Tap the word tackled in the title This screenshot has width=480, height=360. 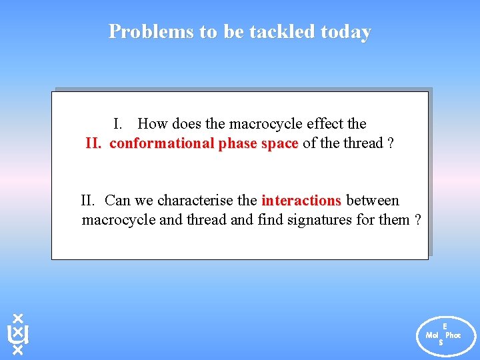pyautogui.click(x=281, y=31)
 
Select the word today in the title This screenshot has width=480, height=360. pyautogui.click(x=345, y=31)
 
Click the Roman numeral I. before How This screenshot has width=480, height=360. pyautogui.click(x=117, y=124)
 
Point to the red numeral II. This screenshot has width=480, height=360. pyautogui.click(x=95, y=143)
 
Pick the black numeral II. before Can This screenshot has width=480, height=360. pyautogui.click(x=89, y=201)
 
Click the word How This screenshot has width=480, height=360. pyautogui.click(x=153, y=124)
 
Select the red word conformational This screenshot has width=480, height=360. pyautogui.click(x=162, y=143)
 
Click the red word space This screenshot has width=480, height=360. pyautogui.click(x=279, y=143)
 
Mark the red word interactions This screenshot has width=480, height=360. pyautogui.click(x=301, y=201)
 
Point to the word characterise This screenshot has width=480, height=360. pyautogui.click(x=197, y=201)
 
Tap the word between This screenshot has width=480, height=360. pyautogui.click(x=373, y=201)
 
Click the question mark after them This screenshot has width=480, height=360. pyautogui.click(x=417, y=219)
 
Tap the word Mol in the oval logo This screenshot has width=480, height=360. pyautogui.click(x=432, y=335)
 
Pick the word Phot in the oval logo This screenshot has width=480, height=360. pyautogui.click(x=453, y=335)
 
